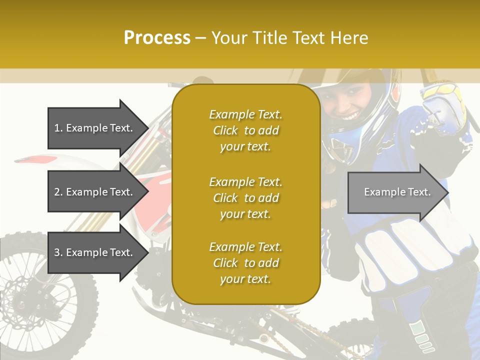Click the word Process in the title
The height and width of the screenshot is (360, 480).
157,38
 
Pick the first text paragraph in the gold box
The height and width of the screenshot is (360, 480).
245,130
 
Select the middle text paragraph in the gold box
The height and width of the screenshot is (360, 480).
245,198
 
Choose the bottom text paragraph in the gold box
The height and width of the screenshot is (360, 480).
245,263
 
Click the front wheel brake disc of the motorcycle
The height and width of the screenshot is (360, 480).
22,295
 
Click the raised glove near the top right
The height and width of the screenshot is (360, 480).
442,107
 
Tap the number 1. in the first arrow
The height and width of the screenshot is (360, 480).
58,128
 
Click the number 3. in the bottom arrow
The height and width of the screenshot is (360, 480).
58,252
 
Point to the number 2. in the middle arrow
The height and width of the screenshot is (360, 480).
58,192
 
